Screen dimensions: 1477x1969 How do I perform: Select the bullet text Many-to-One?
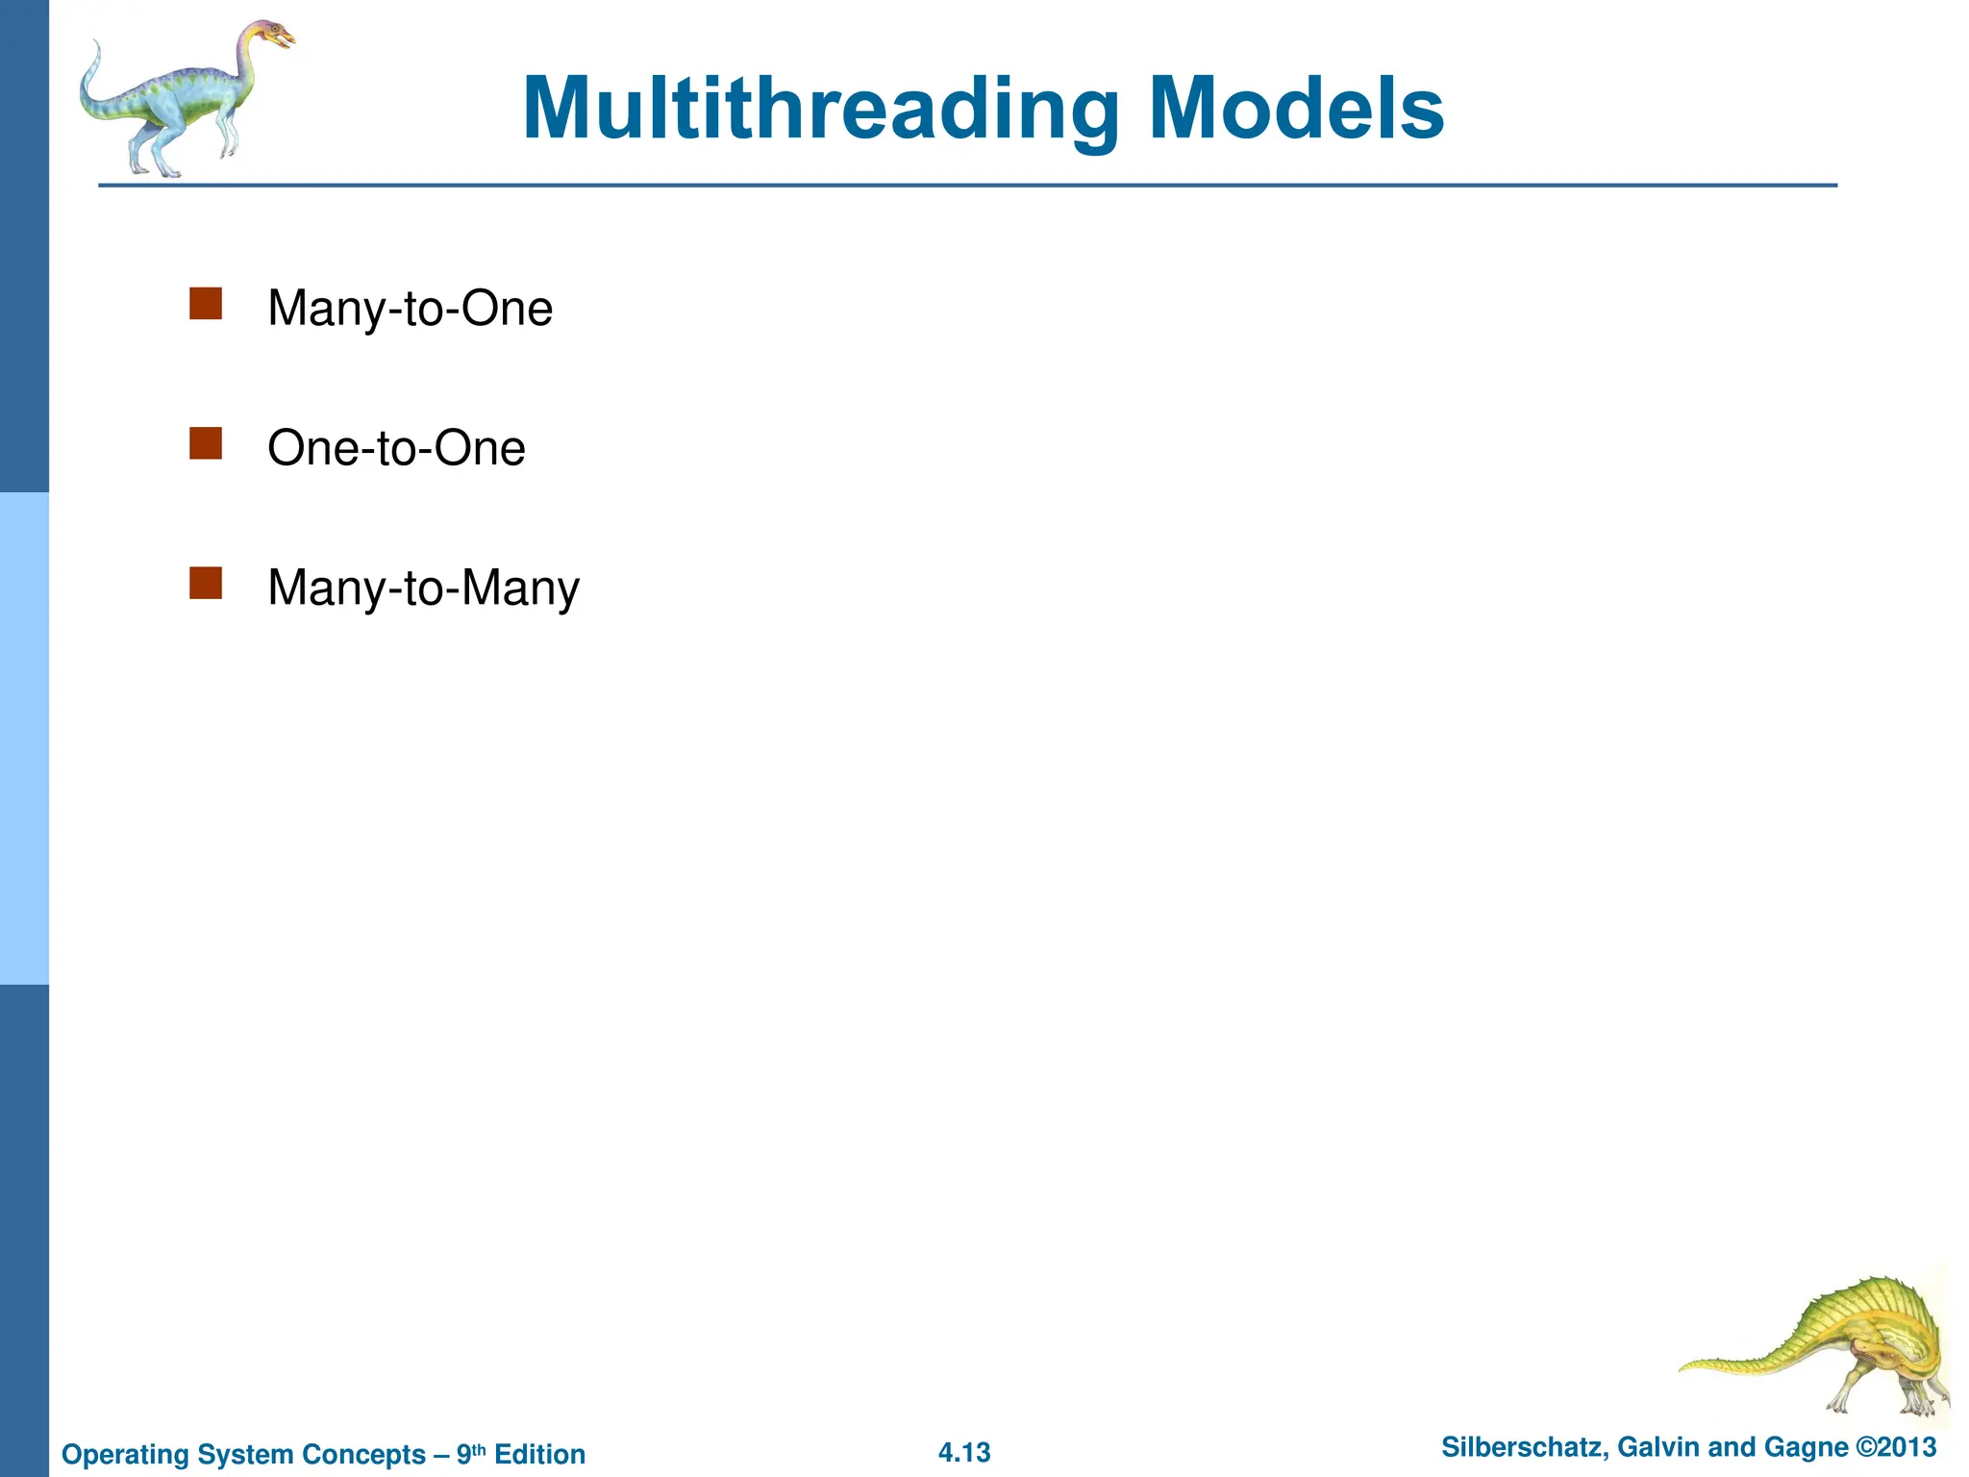click(x=410, y=309)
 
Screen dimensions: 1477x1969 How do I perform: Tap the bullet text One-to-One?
click(x=396, y=448)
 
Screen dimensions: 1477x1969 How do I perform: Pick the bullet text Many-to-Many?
click(x=423, y=588)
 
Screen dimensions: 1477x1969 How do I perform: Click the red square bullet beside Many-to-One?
click(x=206, y=304)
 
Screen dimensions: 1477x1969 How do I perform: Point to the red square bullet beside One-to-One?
click(x=206, y=444)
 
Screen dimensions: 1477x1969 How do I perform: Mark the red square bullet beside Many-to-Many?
click(x=206, y=584)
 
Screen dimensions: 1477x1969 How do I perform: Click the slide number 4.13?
click(x=964, y=1452)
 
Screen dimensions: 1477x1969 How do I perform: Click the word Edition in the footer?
click(x=539, y=1454)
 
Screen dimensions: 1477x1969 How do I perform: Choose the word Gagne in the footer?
click(x=1811, y=1447)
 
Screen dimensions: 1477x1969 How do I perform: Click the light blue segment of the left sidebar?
click(x=24, y=738)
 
